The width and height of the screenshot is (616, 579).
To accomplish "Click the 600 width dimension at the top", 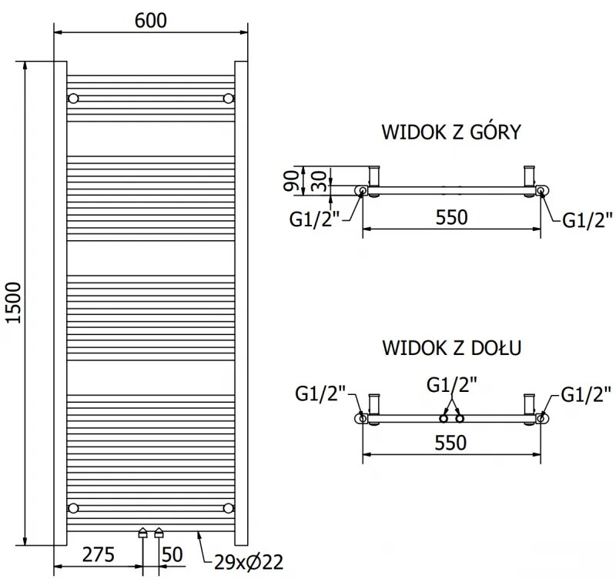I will (x=151, y=22).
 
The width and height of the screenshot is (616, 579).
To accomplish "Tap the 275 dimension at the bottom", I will (x=99, y=554).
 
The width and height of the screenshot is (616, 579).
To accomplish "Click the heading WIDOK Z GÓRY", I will (x=451, y=132).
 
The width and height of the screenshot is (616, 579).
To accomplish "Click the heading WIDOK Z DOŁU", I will (x=451, y=348).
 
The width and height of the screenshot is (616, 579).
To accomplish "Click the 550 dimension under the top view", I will (x=451, y=217).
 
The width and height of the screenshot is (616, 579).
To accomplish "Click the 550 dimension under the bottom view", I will (x=451, y=443).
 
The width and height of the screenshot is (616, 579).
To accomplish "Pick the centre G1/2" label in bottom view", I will (x=451, y=383).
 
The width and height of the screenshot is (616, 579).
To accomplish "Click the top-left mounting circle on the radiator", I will (x=74, y=99).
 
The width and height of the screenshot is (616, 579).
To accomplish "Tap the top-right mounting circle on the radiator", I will (x=228, y=99).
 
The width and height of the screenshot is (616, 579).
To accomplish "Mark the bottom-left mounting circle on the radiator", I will (x=74, y=507).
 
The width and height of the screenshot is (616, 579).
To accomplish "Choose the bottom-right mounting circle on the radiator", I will (x=228, y=507).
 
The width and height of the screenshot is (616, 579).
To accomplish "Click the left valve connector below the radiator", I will (x=142, y=532).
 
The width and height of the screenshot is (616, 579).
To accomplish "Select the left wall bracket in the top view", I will (x=375, y=178).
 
